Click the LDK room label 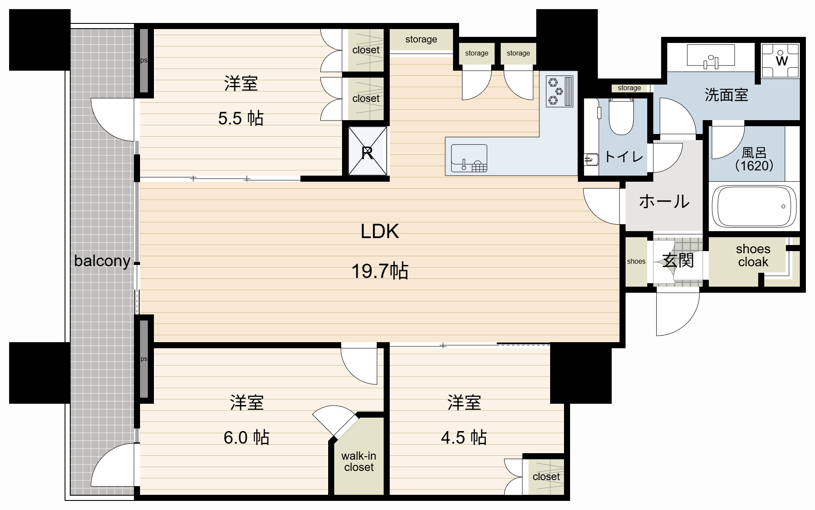(x=380, y=231)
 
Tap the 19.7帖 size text (x=380, y=271)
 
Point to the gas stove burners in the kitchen (x=559, y=91)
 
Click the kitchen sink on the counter (x=469, y=158)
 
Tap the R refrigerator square (x=367, y=151)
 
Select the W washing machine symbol (x=780, y=60)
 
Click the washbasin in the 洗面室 (x=711, y=57)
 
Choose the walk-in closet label (x=359, y=461)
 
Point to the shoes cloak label (x=753, y=255)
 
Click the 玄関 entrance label (x=678, y=261)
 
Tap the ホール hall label (x=664, y=202)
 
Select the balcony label (x=102, y=261)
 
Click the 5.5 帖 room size (x=241, y=118)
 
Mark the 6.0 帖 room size (x=246, y=438)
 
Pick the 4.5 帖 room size (x=464, y=438)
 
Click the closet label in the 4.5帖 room (x=546, y=477)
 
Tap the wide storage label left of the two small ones (x=421, y=39)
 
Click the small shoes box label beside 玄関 (x=636, y=262)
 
